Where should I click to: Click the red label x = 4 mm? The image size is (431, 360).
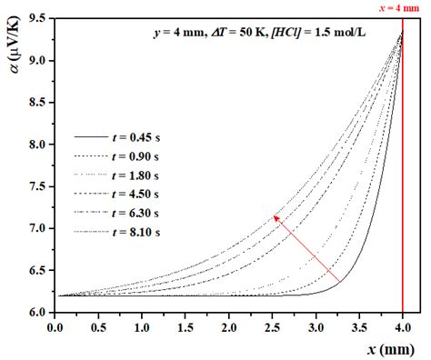401,7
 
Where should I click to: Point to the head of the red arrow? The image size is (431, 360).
274,215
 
